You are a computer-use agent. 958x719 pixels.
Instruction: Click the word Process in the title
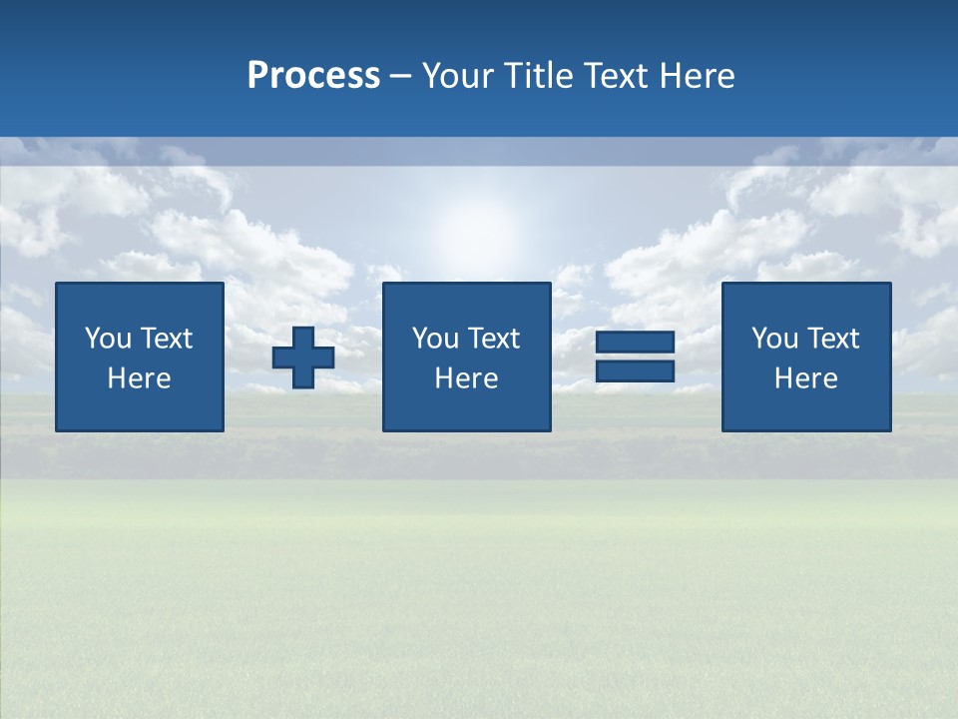tap(313, 76)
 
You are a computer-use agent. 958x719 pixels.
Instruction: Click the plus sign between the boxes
tap(303, 358)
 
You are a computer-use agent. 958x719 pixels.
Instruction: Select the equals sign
tap(635, 357)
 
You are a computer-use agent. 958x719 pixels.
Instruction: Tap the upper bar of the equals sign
tap(635, 343)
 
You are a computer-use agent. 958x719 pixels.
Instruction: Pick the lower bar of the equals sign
tap(635, 370)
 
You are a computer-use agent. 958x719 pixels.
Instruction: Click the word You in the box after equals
tap(774, 339)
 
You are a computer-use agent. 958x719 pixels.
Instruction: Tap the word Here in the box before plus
tap(140, 378)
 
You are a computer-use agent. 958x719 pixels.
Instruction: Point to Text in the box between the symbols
tap(494, 339)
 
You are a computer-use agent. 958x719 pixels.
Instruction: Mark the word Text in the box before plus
tap(167, 339)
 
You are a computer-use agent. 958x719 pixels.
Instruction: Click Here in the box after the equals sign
tap(806, 378)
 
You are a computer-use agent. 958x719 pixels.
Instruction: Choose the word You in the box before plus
tap(108, 339)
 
